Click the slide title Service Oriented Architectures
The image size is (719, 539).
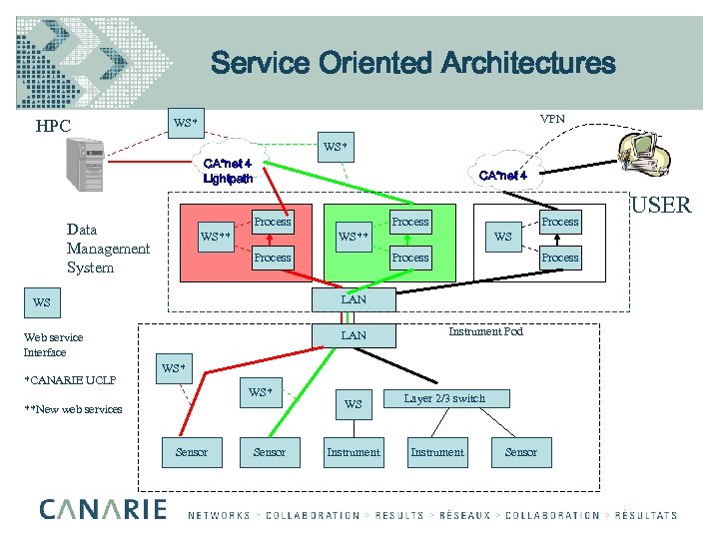click(x=412, y=64)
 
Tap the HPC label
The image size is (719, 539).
click(x=53, y=127)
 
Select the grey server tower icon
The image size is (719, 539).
click(x=85, y=164)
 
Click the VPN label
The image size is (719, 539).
click(x=552, y=119)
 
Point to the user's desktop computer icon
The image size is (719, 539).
click(x=644, y=159)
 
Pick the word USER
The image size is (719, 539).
click(x=660, y=206)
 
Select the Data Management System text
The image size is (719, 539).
click(x=107, y=249)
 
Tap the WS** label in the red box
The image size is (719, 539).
click(x=217, y=238)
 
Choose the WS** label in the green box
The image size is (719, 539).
click(x=354, y=238)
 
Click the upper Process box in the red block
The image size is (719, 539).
click(x=273, y=222)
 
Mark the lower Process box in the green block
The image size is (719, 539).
click(x=409, y=258)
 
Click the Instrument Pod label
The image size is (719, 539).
click(x=485, y=331)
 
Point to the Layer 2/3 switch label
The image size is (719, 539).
click(x=444, y=398)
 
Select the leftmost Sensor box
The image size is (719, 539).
click(x=191, y=452)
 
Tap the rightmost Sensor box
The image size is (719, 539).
click(x=520, y=452)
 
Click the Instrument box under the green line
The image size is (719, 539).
click(x=354, y=452)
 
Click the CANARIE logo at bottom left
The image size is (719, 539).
click(x=103, y=510)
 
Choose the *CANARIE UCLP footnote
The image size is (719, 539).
click(x=70, y=380)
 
